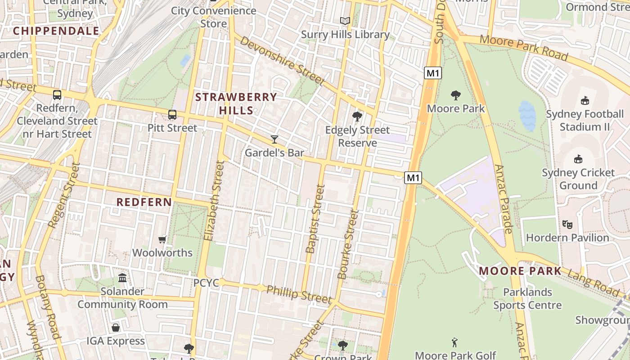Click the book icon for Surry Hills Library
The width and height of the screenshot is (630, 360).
click(345, 21)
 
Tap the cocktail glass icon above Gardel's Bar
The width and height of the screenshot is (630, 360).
click(274, 139)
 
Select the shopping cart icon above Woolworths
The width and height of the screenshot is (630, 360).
click(162, 239)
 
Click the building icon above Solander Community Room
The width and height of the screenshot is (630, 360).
click(122, 278)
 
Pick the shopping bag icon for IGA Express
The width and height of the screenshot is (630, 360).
click(116, 328)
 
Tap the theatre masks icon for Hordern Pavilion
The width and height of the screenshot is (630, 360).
click(567, 224)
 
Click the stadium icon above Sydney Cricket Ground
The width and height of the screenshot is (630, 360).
click(578, 159)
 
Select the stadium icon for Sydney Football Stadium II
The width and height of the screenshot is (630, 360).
click(585, 100)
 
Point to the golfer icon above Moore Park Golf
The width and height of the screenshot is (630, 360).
click(455, 342)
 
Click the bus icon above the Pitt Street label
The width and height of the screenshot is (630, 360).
click(172, 114)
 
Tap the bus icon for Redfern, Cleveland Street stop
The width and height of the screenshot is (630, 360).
click(57, 95)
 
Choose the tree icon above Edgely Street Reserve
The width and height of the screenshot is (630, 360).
click(357, 117)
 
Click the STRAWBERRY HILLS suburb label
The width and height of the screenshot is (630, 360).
click(236, 103)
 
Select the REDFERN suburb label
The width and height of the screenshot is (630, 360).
click(144, 202)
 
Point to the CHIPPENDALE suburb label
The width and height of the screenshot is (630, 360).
click(56, 31)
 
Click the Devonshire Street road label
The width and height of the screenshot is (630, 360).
click(282, 60)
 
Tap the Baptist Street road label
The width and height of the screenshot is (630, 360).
click(315, 219)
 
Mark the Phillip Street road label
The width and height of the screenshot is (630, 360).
click(299, 294)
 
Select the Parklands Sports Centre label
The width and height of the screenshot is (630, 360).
click(527, 299)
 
